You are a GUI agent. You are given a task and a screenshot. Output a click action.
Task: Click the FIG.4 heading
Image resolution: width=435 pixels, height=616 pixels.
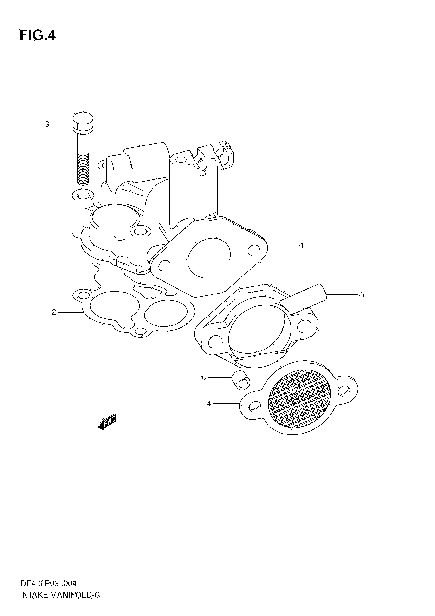(38, 35)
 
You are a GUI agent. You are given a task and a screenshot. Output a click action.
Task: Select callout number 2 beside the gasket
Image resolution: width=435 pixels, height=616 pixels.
(54, 312)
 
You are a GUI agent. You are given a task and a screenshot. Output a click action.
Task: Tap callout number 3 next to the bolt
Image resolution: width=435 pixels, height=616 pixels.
(47, 124)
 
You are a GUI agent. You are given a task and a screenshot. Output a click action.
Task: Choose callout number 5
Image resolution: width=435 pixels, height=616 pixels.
(362, 295)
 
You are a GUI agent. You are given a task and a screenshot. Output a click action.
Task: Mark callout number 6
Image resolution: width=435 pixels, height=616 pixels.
(204, 378)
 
